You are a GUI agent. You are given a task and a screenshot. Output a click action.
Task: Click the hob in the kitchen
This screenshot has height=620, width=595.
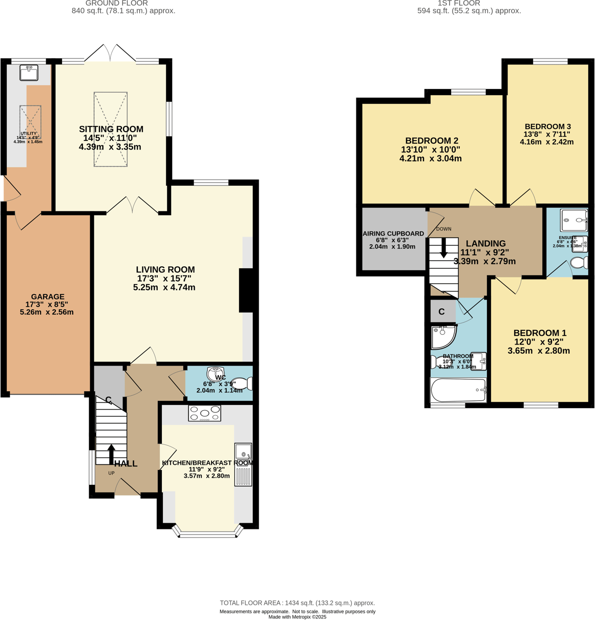[x=205, y=413]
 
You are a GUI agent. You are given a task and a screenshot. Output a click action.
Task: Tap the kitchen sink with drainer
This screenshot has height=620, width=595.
[x=243, y=464]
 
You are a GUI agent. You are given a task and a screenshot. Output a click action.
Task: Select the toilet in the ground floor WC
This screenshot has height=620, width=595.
[x=242, y=383]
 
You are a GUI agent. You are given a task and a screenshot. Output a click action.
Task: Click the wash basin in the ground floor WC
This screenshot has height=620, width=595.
[x=216, y=372]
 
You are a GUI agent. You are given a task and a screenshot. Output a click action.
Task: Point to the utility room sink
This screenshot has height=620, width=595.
[x=29, y=72]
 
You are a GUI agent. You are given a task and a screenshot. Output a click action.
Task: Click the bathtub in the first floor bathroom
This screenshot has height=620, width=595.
[x=458, y=391]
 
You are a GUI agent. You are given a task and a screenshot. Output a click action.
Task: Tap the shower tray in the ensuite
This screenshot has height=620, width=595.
[x=573, y=221]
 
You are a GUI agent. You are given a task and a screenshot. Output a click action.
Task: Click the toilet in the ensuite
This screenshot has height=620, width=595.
[x=579, y=263]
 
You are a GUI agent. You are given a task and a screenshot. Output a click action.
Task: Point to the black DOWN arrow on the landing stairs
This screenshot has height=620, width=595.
[x=443, y=247]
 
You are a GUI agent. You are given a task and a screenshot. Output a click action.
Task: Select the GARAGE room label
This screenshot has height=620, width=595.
[x=48, y=296]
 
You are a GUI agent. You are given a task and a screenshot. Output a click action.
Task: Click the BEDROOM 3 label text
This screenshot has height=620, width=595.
[x=547, y=126]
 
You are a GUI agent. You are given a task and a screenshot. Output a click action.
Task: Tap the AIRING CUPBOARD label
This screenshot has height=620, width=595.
[x=393, y=233]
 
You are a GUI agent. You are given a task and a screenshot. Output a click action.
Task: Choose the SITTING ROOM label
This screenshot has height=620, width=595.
[x=111, y=129]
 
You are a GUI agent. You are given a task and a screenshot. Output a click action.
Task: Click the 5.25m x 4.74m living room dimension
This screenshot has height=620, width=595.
[x=165, y=287]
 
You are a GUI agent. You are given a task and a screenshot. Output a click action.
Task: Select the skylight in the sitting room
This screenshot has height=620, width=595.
[x=111, y=130]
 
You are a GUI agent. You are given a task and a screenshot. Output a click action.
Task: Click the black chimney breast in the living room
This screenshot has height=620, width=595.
[x=247, y=290]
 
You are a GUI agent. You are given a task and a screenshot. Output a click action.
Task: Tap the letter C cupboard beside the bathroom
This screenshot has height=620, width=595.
[x=441, y=311]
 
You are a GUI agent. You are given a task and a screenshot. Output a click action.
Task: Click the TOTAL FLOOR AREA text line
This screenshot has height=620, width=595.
[x=297, y=603]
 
